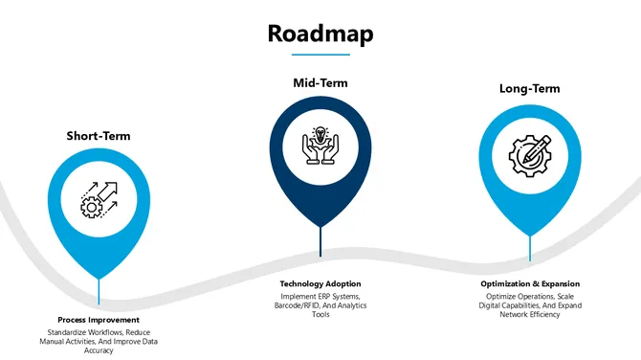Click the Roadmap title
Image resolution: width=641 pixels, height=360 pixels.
(x=320, y=34)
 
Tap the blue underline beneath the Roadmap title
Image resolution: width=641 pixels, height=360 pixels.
(x=320, y=55)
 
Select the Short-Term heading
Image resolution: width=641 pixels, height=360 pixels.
(x=99, y=136)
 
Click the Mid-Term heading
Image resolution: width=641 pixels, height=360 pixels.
(x=320, y=83)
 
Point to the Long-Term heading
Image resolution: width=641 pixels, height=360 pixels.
(x=529, y=89)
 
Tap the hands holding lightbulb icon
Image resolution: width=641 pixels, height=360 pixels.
(x=320, y=146)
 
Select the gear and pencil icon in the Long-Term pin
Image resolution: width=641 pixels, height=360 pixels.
(x=529, y=154)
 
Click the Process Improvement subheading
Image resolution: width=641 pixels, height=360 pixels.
(x=99, y=320)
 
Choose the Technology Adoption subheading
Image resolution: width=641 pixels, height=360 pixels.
(x=320, y=284)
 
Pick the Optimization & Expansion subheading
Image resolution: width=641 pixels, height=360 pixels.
(x=529, y=284)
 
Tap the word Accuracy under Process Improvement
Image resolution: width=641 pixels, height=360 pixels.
(x=99, y=350)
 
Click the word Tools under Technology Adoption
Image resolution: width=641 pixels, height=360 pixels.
(x=320, y=315)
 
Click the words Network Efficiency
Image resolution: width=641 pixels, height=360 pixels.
(x=529, y=315)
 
